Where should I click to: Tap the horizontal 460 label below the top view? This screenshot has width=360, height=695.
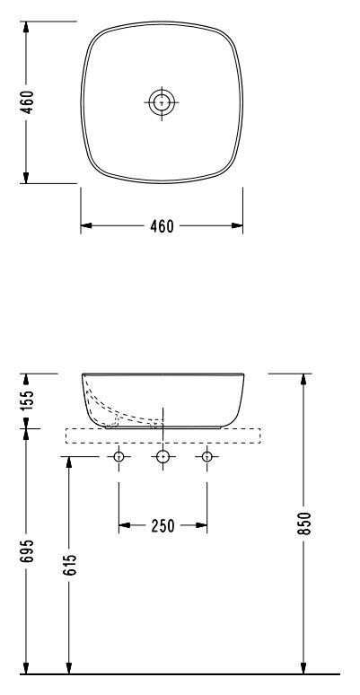point(162,225)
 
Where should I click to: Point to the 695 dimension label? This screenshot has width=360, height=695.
point(27,550)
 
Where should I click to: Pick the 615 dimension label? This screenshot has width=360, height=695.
point(70,564)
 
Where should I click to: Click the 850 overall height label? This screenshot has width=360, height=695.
point(306,523)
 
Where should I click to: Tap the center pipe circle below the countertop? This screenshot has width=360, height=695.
point(162,457)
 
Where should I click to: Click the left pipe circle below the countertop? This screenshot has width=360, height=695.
point(118,457)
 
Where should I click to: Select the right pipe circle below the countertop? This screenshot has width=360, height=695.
point(207,457)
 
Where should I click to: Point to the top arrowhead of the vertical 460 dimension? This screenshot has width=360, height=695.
point(27,29)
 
